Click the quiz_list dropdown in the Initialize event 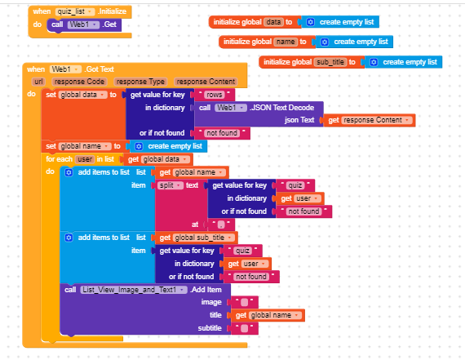75,11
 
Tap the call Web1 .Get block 84,24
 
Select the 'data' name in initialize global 273,22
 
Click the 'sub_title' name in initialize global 330,62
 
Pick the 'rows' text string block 214,95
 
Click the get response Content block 370,120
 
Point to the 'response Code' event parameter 79,82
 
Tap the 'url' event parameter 38,82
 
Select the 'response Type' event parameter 140,82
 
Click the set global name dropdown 85,146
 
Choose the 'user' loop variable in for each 85,159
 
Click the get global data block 158,159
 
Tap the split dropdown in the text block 170,185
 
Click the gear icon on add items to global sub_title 69,238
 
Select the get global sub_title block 196,238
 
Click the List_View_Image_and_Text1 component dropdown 134,290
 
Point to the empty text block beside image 245,302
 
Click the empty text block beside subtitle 245,328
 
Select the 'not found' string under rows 222,133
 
